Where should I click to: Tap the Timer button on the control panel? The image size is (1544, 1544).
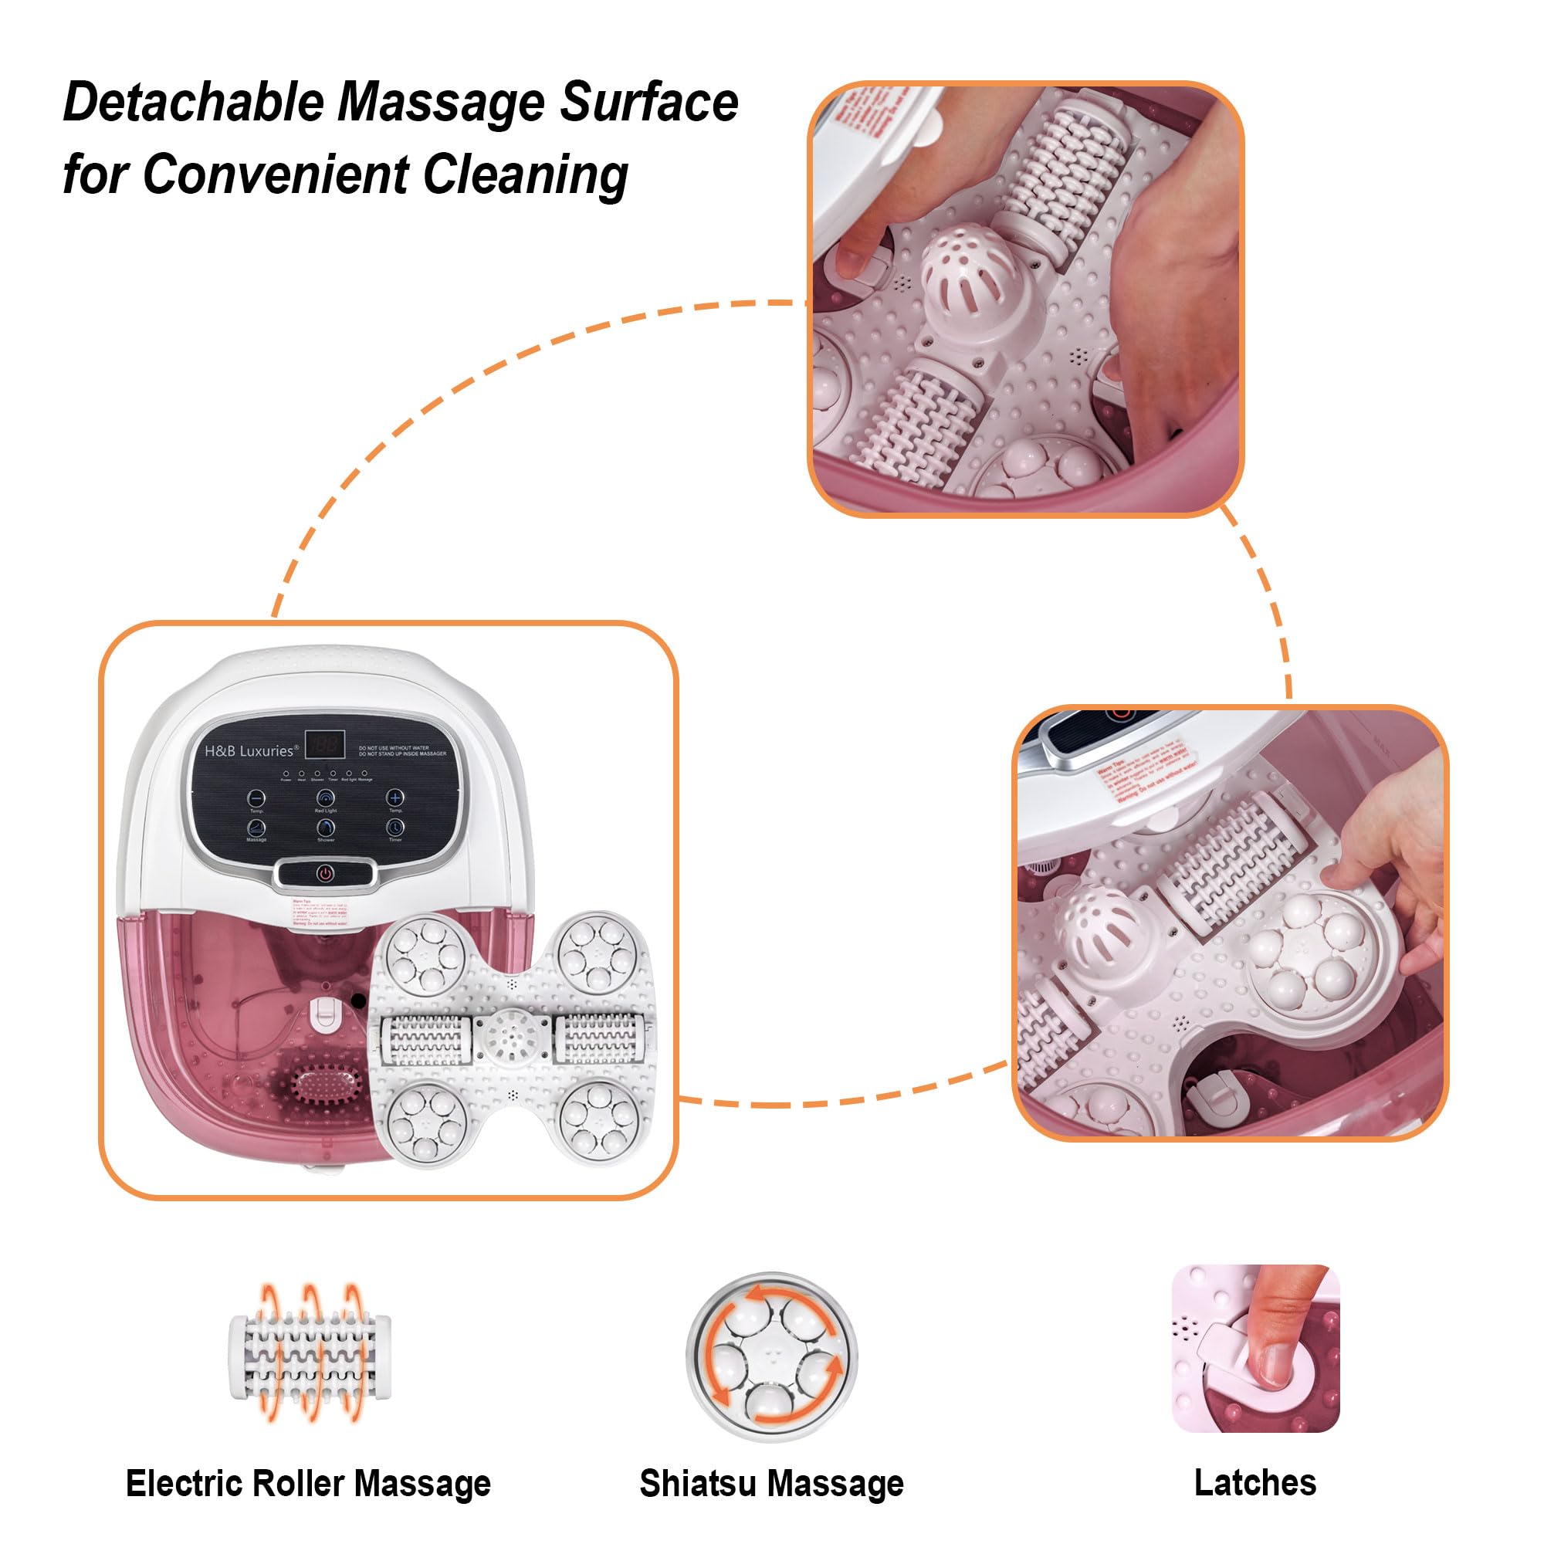click(394, 828)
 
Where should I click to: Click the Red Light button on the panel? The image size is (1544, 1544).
click(325, 798)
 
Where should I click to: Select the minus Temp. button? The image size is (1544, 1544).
click(256, 798)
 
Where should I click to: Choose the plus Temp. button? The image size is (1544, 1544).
click(394, 797)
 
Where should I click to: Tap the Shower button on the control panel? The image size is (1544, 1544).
click(325, 828)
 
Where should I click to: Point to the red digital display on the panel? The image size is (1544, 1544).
click(324, 745)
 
